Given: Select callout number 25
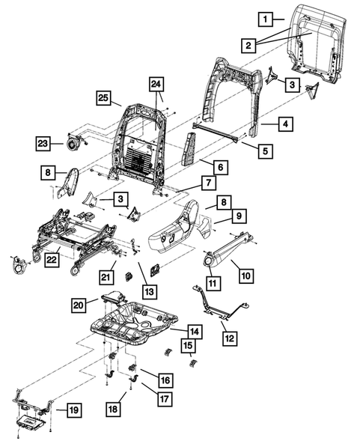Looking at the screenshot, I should (x=103, y=98).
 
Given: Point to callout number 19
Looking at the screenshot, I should (x=74, y=410).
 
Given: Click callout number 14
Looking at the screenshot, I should (x=194, y=330).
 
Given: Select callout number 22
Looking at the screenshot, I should (x=52, y=258).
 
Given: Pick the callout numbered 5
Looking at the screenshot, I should (x=265, y=150).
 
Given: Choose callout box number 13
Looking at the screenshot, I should (x=150, y=291).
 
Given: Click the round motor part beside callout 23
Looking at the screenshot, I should (x=73, y=140).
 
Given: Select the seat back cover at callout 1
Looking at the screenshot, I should (x=314, y=37).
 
